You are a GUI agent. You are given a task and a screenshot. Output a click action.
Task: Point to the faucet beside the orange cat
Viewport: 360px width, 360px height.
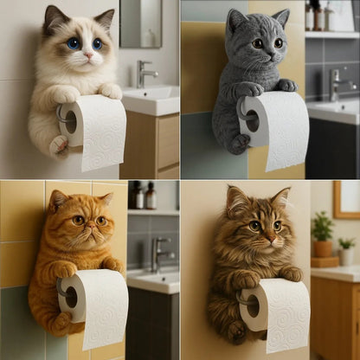point(157,253)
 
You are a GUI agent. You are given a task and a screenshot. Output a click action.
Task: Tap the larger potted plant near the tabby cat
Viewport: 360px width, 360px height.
point(322,230)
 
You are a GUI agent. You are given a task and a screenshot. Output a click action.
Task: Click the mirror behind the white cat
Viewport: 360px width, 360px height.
point(140,22)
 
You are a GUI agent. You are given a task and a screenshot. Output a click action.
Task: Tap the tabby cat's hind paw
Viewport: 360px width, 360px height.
point(235,331)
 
